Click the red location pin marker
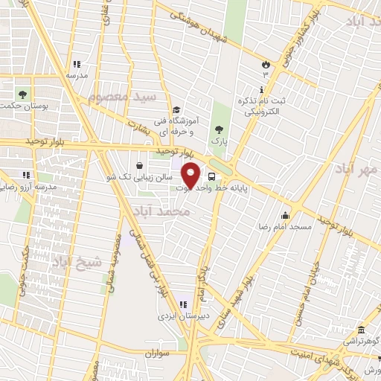(x=192, y=174)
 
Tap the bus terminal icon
(x=212, y=177)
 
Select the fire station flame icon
(x=266, y=63)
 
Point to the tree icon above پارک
(x=218, y=129)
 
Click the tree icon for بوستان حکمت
(x=22, y=95)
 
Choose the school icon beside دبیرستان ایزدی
(x=183, y=303)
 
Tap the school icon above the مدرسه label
(x=77, y=65)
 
